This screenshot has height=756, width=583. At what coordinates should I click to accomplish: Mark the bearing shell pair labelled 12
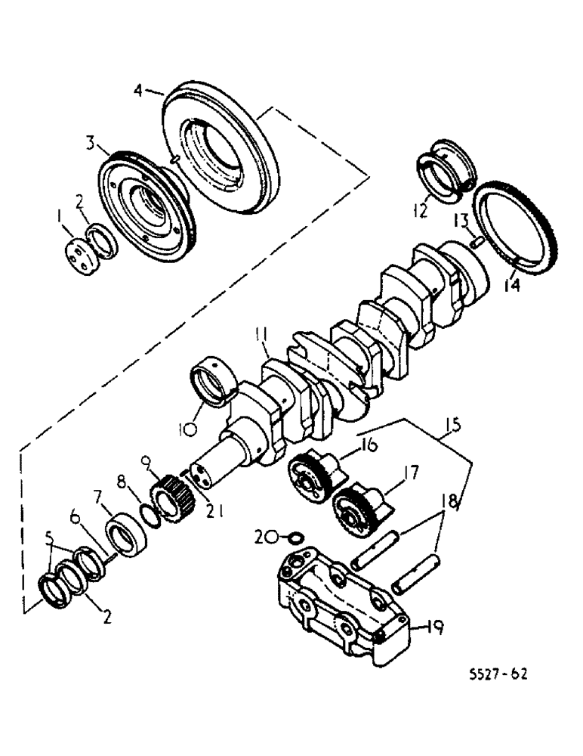coord(446,172)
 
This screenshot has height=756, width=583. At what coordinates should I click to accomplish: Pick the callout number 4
coord(137,91)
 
